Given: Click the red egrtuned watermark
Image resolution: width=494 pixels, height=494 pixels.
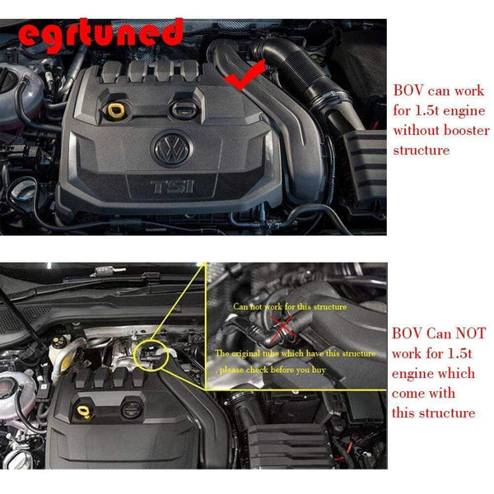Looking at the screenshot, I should (x=100, y=35).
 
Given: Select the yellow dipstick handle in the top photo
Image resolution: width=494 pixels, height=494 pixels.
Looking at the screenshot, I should (x=115, y=110).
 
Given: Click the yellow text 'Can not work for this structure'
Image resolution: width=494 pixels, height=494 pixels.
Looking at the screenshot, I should (x=290, y=306).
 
